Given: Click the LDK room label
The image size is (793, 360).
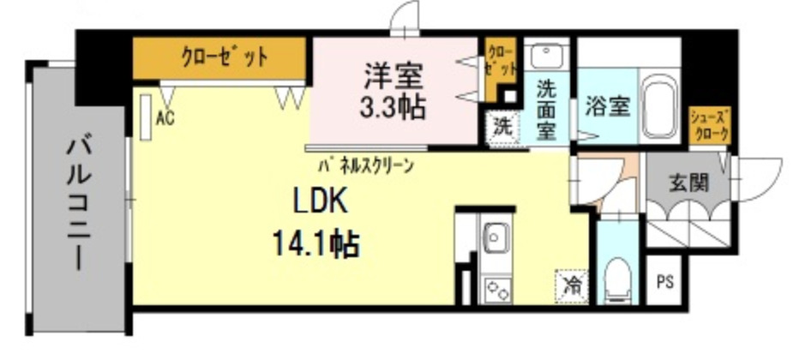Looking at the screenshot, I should [321, 203].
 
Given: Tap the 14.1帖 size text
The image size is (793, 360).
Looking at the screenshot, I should [316, 246].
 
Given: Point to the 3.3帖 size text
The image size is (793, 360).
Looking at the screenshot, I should [393, 109].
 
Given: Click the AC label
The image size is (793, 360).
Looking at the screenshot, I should [165, 118].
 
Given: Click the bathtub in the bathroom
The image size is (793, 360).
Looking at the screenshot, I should [659, 109].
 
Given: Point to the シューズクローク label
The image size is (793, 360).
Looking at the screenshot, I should [711, 126].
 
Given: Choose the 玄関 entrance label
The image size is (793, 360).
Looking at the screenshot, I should [688, 183].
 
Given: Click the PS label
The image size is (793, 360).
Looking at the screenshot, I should [664, 281].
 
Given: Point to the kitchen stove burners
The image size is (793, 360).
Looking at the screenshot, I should [496, 287].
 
